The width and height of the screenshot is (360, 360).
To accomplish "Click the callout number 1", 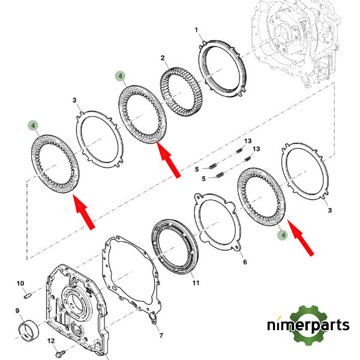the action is [x=196, y=30].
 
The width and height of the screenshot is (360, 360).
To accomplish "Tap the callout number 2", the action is [x=163, y=58].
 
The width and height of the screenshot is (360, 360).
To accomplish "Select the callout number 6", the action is [x=245, y=262].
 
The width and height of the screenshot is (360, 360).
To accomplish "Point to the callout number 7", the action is [x=161, y=335].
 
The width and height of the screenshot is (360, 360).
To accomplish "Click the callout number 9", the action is [x=17, y=311].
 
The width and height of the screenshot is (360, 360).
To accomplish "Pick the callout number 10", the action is [x=20, y=283].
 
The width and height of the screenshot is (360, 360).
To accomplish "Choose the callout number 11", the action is [x=196, y=283].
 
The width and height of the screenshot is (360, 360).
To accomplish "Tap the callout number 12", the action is [x=51, y=341].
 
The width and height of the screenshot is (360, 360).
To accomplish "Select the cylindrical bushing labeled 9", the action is [x=28, y=329].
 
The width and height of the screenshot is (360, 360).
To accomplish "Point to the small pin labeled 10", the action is [x=27, y=296].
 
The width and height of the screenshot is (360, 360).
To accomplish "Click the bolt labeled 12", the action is [x=61, y=352].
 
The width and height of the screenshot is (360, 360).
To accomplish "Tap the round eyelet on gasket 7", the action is [x=152, y=317].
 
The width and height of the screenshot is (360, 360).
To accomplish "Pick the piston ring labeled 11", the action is [x=175, y=247].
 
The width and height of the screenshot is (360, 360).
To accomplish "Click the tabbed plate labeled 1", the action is [x=222, y=68].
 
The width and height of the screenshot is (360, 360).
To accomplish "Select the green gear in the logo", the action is [x=309, y=325].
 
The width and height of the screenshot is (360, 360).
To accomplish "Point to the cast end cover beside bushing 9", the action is [x=77, y=311].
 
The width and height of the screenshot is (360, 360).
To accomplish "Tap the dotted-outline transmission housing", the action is [x=297, y=43].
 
